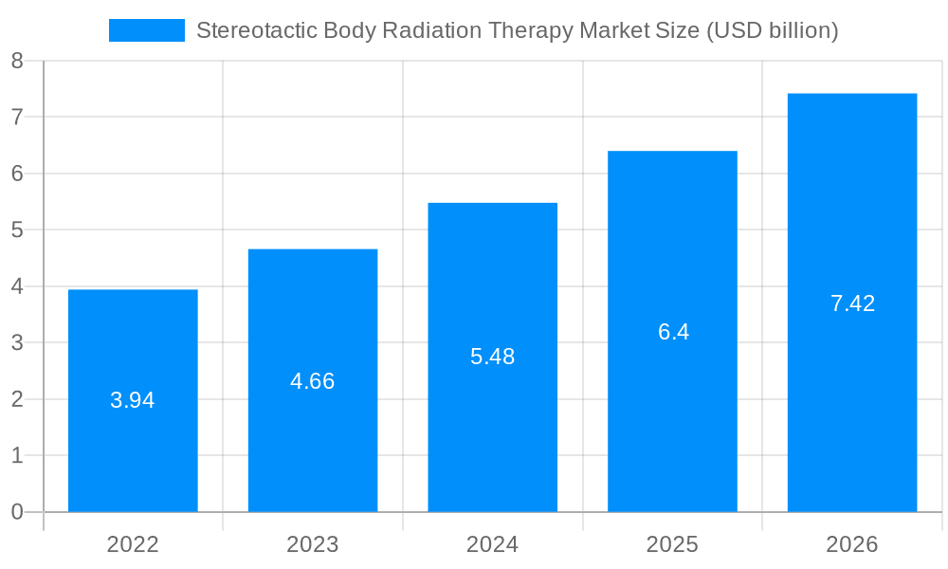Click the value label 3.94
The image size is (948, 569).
coord(133,400)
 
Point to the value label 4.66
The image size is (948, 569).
coord(313,381)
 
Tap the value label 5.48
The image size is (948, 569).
coord(493,358)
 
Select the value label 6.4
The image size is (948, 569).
coord(673,333)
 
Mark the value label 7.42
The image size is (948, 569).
coord(852,304)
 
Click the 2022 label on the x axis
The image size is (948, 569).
coord(133,544)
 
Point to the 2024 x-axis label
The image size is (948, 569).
coord(493,544)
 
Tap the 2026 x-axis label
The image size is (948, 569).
coord(852,544)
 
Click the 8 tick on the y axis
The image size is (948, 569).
coord(17,61)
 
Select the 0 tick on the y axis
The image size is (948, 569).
coord(17,512)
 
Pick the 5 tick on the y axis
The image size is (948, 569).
coord(17,230)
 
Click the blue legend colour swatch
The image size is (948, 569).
coord(147,30)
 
